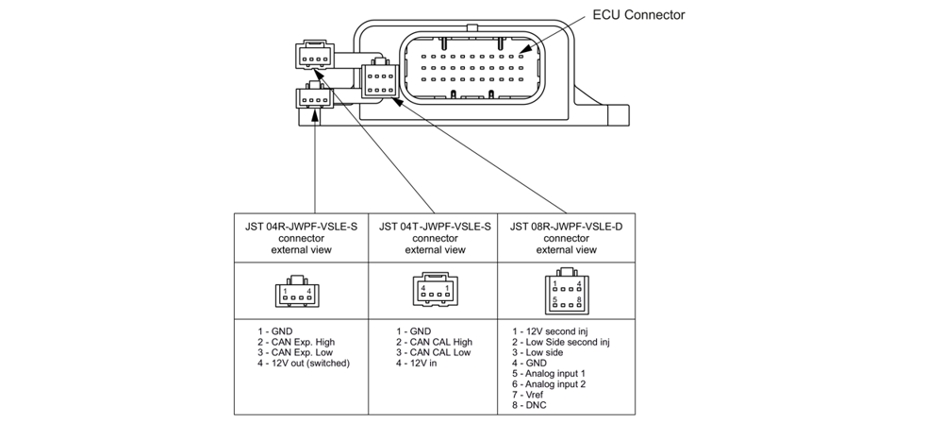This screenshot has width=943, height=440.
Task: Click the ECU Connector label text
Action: click(x=637, y=15)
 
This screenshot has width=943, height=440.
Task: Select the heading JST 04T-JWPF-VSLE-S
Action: click(x=435, y=227)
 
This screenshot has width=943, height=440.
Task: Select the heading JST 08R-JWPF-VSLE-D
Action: click(x=566, y=227)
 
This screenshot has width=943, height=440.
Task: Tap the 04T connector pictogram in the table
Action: click(x=435, y=292)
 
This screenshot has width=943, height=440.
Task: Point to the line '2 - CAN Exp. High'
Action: click(x=296, y=342)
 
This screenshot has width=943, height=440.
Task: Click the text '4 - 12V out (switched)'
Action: click(x=304, y=364)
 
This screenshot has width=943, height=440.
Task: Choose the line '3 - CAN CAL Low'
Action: click(x=434, y=352)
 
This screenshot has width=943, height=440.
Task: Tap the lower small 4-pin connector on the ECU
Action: click(x=313, y=98)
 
